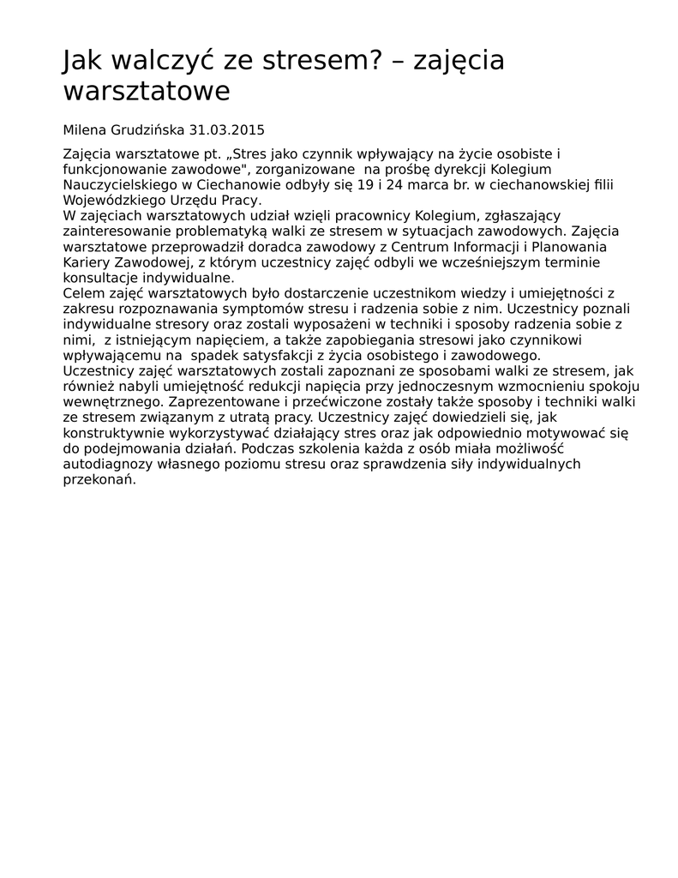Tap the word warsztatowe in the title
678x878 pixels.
(147, 91)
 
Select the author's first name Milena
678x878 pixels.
(84, 130)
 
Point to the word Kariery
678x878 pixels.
(87, 262)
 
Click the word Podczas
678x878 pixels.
(268, 448)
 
